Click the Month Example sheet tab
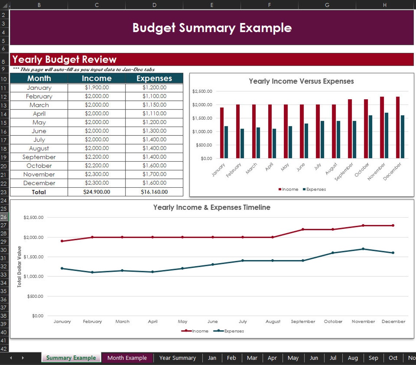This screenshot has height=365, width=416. pos(127,358)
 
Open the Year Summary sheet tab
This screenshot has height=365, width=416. pos(177,358)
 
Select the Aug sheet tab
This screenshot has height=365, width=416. pos(353,358)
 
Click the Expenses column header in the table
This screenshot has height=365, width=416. pos(154,78)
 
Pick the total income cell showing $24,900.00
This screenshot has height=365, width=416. pos(97,192)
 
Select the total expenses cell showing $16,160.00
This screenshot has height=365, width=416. pos(154,192)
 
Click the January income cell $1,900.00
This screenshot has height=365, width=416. pos(97,88)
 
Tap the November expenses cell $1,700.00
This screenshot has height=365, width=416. pos(154,174)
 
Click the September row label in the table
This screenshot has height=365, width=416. pos(39,157)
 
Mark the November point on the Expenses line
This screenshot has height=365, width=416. pos(363,249)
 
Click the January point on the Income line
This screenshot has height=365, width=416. pos(62,241)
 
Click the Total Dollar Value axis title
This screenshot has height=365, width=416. pos(19,266)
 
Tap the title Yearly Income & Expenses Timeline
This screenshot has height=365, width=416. pos(212,207)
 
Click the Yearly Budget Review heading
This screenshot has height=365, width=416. pos(64,59)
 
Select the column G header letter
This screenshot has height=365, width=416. pos(327,5)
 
